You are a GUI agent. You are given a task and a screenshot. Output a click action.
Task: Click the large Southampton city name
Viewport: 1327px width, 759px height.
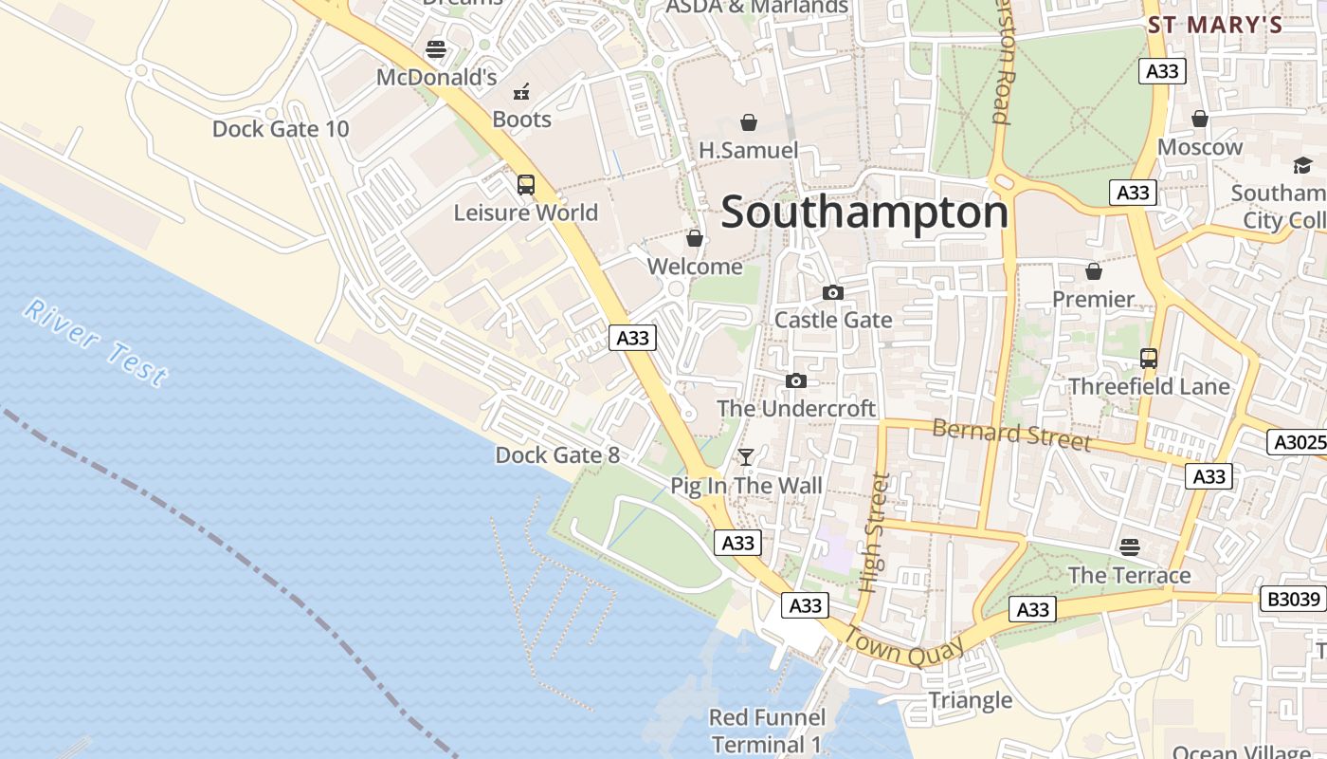click(x=864, y=213)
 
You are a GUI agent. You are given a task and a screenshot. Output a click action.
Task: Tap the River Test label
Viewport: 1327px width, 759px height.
click(x=96, y=343)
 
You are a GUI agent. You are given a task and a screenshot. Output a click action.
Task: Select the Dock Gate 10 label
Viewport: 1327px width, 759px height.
click(x=281, y=129)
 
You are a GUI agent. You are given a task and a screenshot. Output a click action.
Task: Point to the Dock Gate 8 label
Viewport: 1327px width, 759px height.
click(x=557, y=455)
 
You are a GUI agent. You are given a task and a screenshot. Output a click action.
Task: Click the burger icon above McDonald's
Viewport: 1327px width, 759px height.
click(x=436, y=48)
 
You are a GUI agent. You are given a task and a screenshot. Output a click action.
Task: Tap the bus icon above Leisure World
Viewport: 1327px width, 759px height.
click(x=526, y=185)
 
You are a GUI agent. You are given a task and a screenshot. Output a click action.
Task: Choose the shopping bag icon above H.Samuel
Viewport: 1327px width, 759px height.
click(x=749, y=122)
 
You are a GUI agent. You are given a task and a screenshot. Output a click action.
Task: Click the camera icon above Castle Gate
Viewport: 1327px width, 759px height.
click(x=833, y=292)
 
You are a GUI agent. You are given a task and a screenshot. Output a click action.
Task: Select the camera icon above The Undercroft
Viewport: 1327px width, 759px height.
click(x=796, y=381)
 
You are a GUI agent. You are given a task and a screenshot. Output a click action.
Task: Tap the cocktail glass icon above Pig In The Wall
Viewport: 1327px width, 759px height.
click(x=746, y=458)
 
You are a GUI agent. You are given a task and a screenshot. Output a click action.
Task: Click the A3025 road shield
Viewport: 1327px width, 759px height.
click(x=1296, y=442)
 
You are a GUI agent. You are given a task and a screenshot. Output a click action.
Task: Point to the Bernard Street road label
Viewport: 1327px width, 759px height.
click(x=1010, y=434)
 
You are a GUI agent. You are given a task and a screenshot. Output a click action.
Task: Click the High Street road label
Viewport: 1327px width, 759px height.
click(x=874, y=533)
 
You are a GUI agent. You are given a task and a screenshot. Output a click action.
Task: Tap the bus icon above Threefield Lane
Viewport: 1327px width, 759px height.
click(x=1149, y=359)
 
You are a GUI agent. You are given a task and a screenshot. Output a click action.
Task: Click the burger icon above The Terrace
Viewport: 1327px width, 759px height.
click(x=1129, y=547)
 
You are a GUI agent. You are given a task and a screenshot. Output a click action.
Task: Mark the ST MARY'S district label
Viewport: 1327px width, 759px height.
click(x=1214, y=26)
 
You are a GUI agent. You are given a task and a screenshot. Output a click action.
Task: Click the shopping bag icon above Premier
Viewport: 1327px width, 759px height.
click(x=1094, y=271)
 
